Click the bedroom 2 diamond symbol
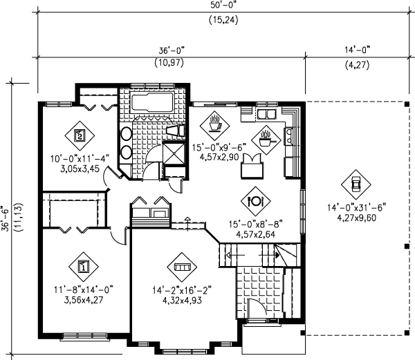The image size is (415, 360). (x=80, y=135)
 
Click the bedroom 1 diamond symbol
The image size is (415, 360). (x=84, y=267)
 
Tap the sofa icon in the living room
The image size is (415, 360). (x=182, y=267)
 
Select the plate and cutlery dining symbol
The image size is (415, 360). (x=256, y=201)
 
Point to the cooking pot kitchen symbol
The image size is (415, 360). (x=266, y=140)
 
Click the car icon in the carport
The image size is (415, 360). (x=356, y=184)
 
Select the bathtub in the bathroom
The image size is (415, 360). (x=152, y=103)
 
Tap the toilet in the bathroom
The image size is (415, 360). (x=175, y=131)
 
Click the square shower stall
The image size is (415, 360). (x=174, y=153)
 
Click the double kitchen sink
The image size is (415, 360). (x=266, y=114)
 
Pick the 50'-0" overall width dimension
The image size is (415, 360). (x=223, y=5)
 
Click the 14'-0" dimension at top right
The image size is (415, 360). (x=357, y=50)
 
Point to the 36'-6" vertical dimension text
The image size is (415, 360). (x=6, y=218)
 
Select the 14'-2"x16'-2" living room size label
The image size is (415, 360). (x=182, y=290)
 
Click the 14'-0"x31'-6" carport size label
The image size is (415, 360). (x=356, y=207)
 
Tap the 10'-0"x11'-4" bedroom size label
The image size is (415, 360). (x=80, y=159)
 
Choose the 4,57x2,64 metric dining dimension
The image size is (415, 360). (x=255, y=234)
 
